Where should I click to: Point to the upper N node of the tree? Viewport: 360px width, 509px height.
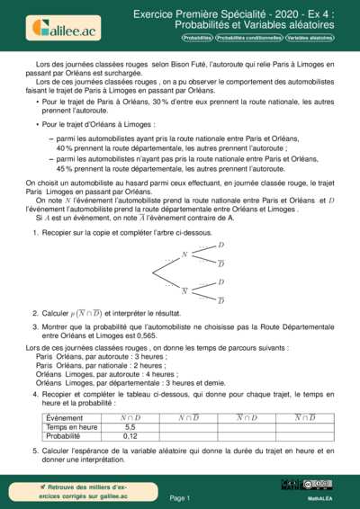tap(184, 254)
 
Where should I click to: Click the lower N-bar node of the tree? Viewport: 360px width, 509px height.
tap(184, 290)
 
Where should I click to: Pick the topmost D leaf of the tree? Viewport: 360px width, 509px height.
tap(220, 245)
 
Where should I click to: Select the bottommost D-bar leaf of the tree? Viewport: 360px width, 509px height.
tap(220, 299)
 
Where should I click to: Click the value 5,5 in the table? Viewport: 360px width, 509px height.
tap(130, 427)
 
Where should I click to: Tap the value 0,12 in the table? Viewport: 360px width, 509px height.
tap(130, 436)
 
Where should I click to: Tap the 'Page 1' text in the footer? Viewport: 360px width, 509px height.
tap(180, 497)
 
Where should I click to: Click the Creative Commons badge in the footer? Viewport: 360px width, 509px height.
tap(316, 485)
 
